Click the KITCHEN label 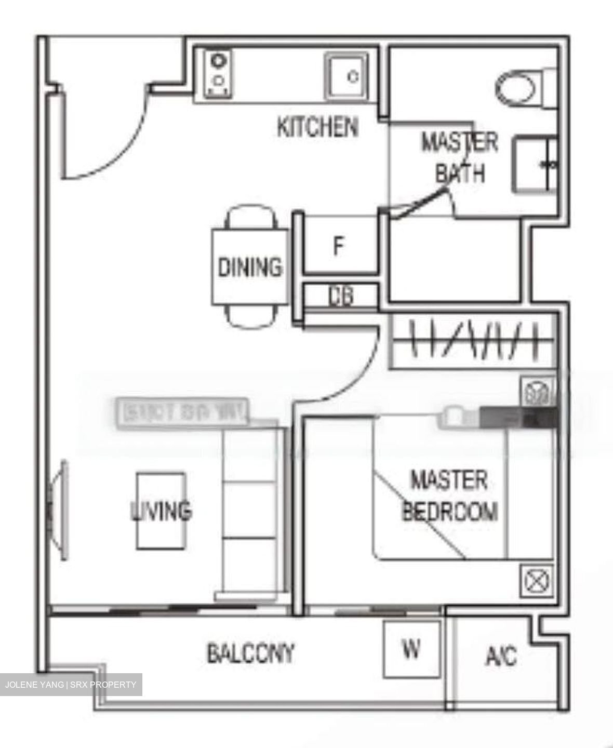click(317, 127)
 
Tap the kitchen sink click(346, 77)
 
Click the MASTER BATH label click(459, 157)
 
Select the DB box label click(341, 296)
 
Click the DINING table click(249, 267)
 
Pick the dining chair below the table click(252, 317)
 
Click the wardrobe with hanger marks click(472, 342)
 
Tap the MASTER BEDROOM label click(450, 496)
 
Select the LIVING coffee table click(161, 511)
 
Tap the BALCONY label click(250, 653)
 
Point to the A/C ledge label click(501, 656)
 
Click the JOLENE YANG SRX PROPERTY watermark click(71, 685)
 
